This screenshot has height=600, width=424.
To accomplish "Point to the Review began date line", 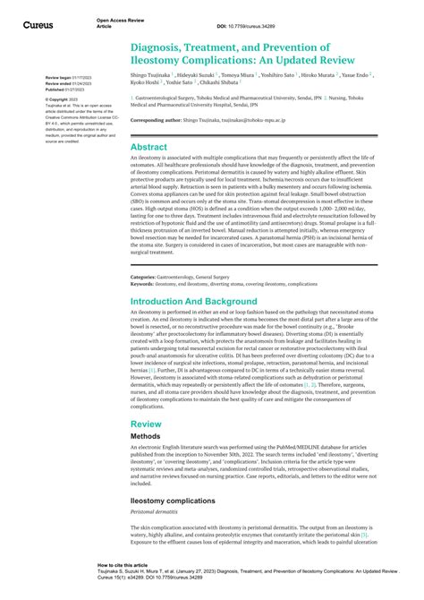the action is click(x=61, y=79).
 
